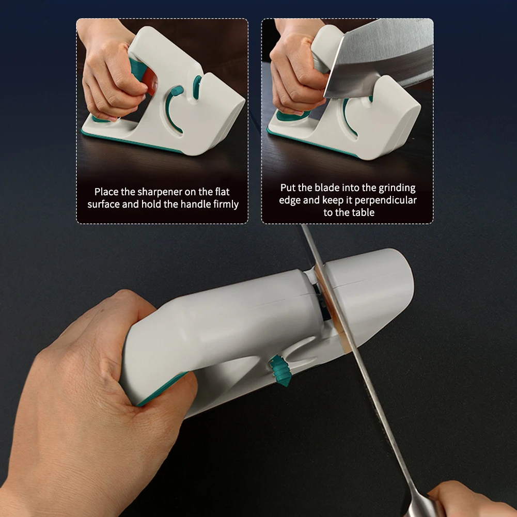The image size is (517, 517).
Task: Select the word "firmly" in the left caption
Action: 226,205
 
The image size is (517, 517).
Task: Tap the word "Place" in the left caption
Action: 106,192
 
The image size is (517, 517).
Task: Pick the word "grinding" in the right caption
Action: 397,188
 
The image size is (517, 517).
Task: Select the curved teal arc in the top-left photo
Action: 171,108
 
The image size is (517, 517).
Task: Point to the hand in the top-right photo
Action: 294,72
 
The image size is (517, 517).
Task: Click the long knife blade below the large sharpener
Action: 377,403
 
